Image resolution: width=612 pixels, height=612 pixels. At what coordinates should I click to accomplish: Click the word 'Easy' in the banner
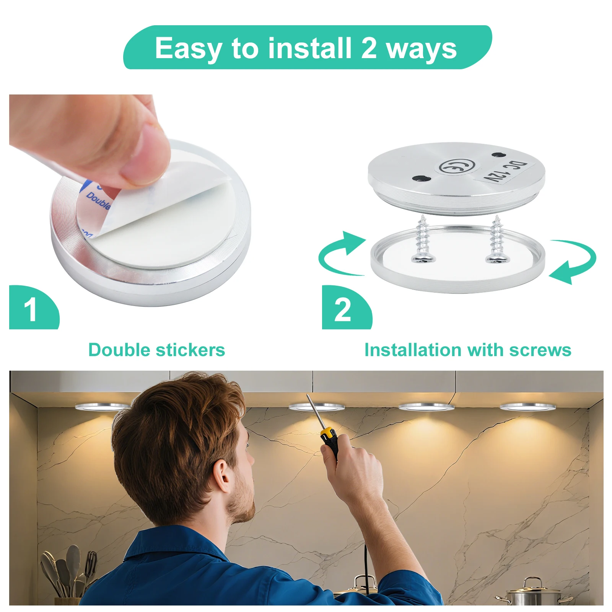coord(188,49)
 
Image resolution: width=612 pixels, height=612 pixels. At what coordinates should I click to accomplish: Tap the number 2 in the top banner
coord(369,48)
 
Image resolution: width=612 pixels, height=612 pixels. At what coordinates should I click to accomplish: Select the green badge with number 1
coord(32,308)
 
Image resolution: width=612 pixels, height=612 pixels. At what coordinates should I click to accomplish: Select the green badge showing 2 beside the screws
coord(344,308)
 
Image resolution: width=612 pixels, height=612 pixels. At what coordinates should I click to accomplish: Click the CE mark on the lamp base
coord(456,166)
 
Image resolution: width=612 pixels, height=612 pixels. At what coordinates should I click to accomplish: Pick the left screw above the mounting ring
coord(423,241)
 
